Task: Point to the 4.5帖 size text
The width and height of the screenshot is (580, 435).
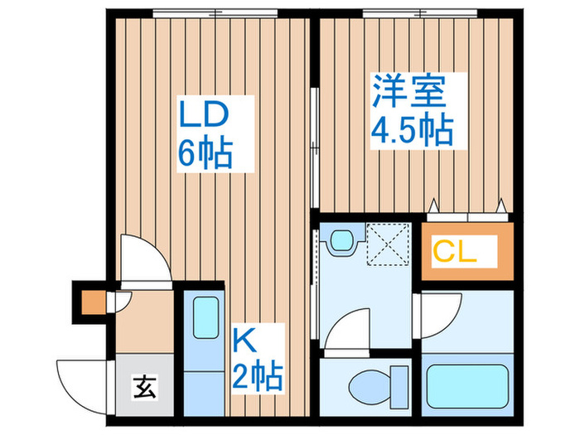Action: point(411,129)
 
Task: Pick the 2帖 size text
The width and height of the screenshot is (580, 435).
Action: point(256,376)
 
